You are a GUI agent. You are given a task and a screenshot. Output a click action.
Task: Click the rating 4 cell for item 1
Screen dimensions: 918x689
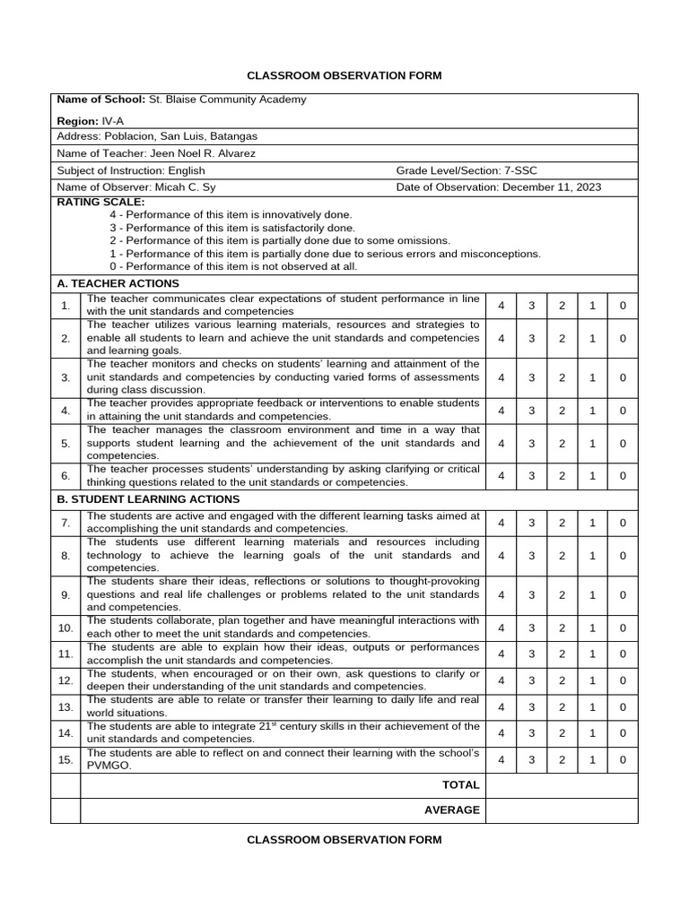501,306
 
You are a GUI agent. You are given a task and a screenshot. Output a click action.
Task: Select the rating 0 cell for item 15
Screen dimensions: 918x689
623,760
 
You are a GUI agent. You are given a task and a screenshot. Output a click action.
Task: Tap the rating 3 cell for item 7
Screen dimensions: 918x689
531,523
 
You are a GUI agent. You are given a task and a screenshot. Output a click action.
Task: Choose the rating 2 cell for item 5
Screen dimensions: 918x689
563,443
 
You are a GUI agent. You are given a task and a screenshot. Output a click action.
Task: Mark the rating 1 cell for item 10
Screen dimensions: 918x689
592,628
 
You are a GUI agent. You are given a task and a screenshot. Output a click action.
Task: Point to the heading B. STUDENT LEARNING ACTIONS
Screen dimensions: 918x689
148,499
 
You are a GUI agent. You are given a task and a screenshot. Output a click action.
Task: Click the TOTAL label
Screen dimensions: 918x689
461,785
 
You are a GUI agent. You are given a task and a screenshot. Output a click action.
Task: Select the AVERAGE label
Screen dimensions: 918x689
452,810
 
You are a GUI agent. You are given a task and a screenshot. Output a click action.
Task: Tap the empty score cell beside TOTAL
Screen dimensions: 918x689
562,785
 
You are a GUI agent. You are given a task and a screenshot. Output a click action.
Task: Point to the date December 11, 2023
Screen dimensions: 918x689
552,187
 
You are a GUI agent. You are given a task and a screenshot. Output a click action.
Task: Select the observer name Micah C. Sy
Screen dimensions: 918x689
186,187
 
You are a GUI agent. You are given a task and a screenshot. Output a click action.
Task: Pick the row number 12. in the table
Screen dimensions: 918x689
65,681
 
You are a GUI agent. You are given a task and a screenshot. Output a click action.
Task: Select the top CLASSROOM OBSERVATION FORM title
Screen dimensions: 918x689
344,75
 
